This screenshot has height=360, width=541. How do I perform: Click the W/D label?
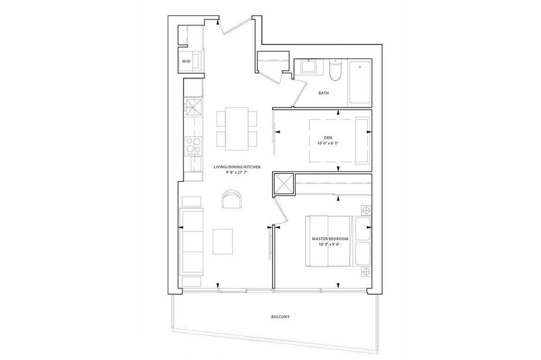pyautogui.click(x=186, y=61)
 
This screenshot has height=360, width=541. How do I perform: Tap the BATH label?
pyautogui.click(x=324, y=93)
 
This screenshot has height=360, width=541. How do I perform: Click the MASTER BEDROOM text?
pyautogui.click(x=330, y=239)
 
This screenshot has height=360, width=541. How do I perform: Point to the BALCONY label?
pyautogui.click(x=280, y=317)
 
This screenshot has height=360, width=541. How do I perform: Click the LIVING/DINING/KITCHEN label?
pyautogui.click(x=237, y=167)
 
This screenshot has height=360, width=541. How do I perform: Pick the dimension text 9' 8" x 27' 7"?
pyautogui.click(x=237, y=173)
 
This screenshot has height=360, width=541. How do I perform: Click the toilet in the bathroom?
pyautogui.click(x=334, y=70)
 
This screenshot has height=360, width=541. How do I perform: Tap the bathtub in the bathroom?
pyautogui.click(x=360, y=82)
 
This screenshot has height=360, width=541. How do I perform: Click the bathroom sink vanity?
pyautogui.click(x=309, y=66)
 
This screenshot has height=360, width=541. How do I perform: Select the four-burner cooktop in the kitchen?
pyautogui.click(x=193, y=145)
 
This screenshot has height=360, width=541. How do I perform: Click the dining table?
pyautogui.click(x=237, y=129)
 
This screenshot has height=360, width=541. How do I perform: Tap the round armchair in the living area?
pyautogui.click(x=232, y=199)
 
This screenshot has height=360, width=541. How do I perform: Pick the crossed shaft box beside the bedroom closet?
pyautogui.click(x=283, y=184)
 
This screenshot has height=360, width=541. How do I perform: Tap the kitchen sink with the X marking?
pyautogui.click(x=193, y=107)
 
